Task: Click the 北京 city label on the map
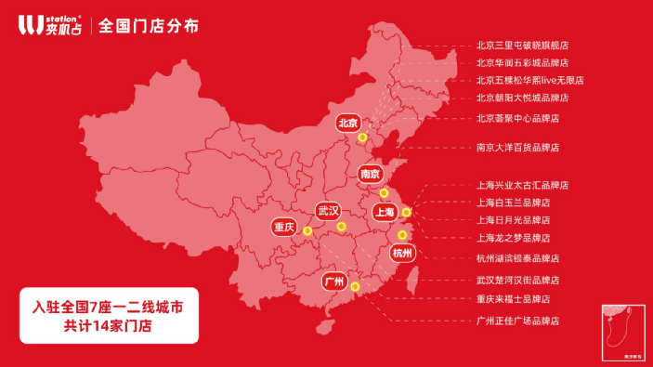point(348,123)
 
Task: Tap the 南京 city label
point(371,174)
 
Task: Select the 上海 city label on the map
point(384,213)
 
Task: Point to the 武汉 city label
point(329,211)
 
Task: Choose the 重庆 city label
point(284,227)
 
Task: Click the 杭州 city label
point(402,253)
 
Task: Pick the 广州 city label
point(333,281)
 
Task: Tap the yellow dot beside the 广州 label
point(355,286)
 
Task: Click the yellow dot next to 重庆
point(307,232)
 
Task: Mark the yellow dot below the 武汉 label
point(341,227)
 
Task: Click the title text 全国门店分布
point(148,25)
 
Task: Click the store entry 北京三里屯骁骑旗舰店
point(521,45)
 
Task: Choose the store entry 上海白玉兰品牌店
point(513,203)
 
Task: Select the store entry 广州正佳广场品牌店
point(517,321)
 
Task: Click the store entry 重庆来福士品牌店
point(513,299)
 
